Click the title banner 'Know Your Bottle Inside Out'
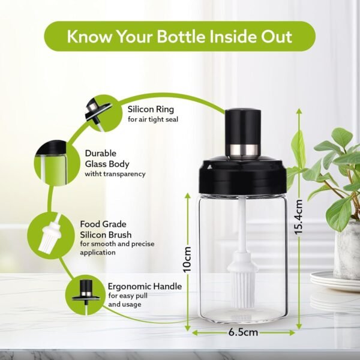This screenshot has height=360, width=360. [179, 36]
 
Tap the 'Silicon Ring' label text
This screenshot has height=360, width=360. [151, 109]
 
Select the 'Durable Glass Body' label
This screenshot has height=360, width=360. [107, 158]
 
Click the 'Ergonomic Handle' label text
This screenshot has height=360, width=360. [145, 287]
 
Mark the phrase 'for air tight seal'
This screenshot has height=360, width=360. [152, 119]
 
